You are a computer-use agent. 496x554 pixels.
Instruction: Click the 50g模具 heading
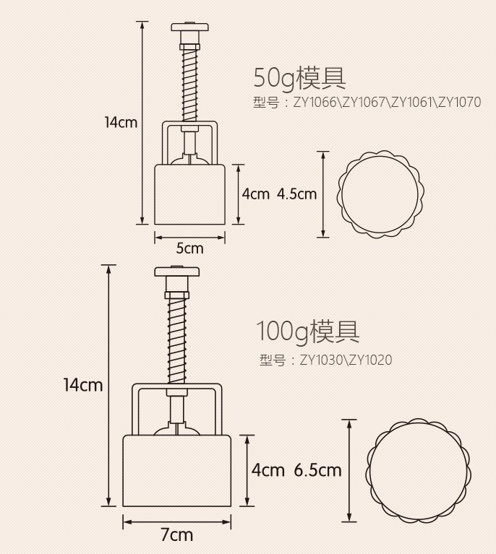[299, 78]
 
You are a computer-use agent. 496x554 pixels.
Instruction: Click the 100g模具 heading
[307, 332]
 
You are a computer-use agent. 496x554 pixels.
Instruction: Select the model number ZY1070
[460, 102]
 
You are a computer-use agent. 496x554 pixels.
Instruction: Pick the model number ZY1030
[321, 360]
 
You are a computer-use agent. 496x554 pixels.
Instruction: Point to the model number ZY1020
[370, 360]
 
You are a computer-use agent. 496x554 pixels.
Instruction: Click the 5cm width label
[190, 248]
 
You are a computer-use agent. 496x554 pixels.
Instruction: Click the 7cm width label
[177, 534]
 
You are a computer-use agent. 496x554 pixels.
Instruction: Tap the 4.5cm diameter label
[297, 194]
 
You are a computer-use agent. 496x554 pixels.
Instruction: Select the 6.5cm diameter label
[317, 470]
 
